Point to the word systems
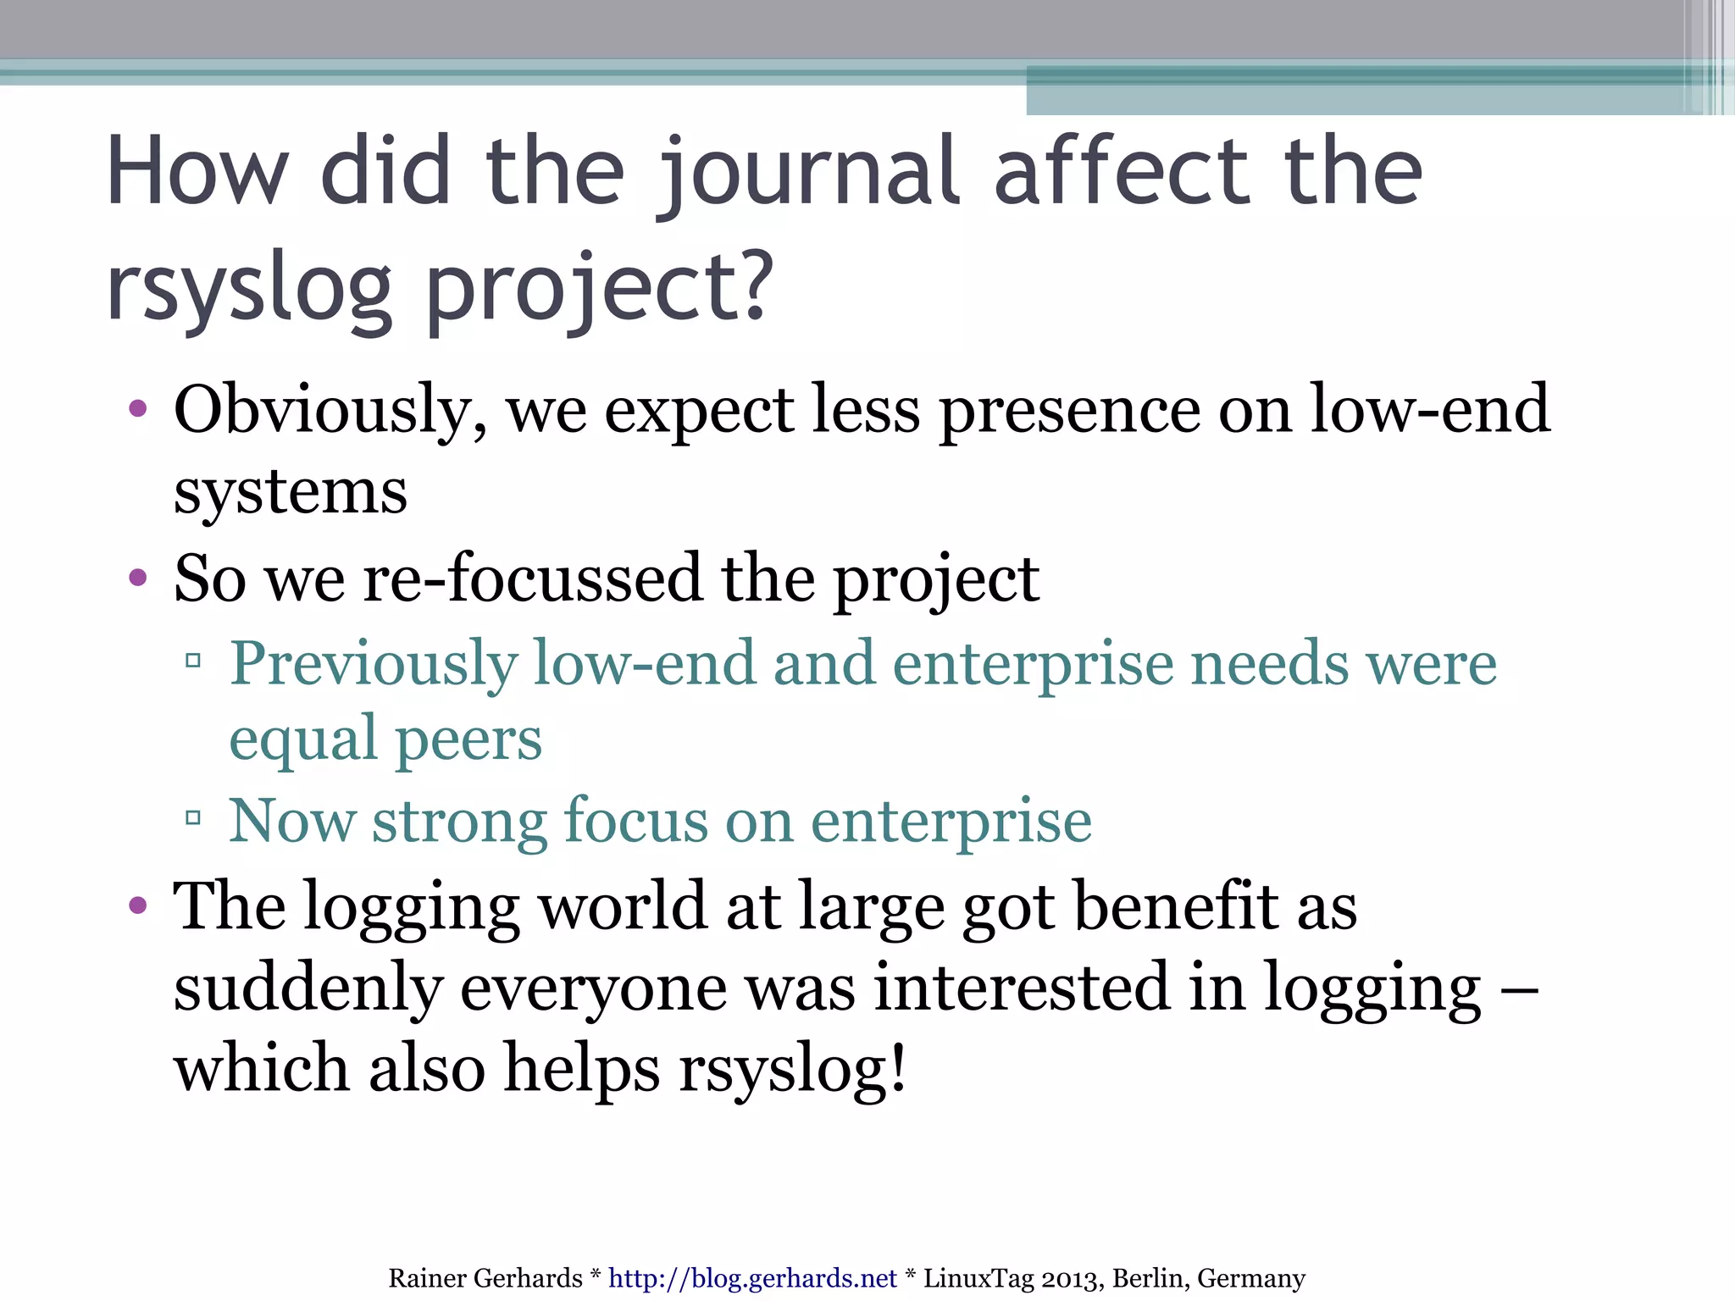291,492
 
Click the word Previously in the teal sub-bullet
373,663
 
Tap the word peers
468,739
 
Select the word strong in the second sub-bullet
459,821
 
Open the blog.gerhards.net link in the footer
752,1278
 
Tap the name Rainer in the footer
424,1278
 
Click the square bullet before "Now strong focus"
193,818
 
